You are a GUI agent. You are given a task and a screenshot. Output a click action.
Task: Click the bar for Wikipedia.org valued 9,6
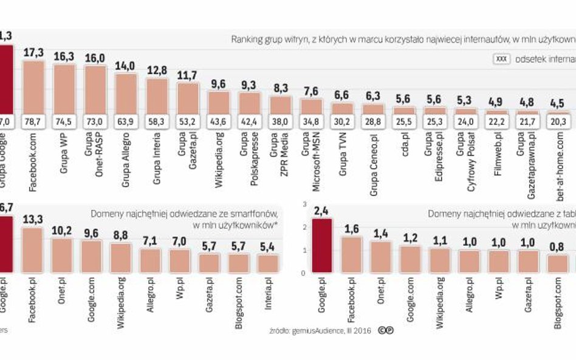coord(219,103)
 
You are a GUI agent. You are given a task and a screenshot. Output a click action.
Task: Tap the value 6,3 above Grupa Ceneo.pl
coord(373,95)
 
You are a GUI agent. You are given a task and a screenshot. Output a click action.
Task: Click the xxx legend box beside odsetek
coord(501,60)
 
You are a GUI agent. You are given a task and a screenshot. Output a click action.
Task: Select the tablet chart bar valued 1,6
coord(352,255)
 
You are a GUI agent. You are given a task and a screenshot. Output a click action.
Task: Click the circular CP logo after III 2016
coord(384,331)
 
